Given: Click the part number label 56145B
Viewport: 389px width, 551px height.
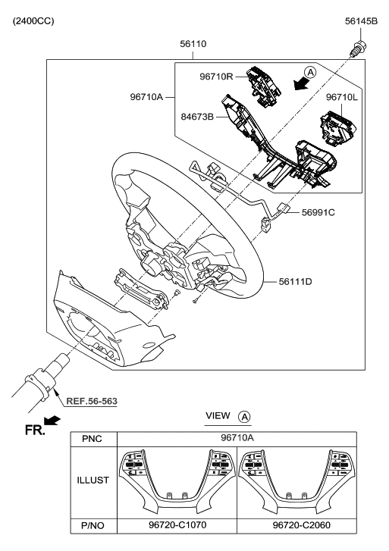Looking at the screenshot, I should (x=361, y=20).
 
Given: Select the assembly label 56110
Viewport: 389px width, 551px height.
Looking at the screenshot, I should (x=193, y=44).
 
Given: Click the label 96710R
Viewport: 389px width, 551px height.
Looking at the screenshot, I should (x=221, y=76).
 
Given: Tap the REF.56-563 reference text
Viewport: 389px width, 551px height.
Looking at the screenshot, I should (x=92, y=401).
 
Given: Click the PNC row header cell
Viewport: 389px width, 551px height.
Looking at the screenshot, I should (x=93, y=439).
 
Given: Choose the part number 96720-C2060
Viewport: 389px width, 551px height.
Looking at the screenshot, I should (x=297, y=524).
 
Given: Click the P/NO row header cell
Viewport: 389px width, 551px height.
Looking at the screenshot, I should (x=93, y=524).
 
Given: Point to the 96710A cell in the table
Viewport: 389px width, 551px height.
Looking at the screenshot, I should (x=237, y=439).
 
